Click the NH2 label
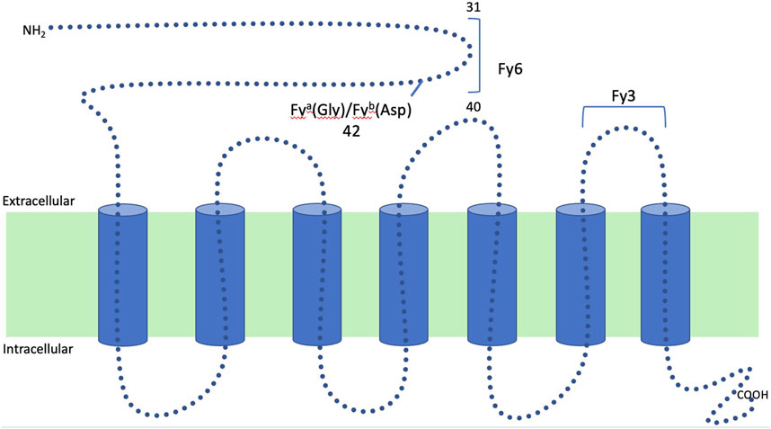34,31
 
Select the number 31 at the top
474,8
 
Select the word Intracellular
40,348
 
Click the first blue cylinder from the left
121,274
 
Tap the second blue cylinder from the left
220,274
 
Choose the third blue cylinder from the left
317,274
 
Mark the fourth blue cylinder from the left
403,274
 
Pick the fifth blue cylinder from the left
493,274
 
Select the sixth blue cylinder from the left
580,274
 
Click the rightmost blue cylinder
665,274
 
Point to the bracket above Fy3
624,109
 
